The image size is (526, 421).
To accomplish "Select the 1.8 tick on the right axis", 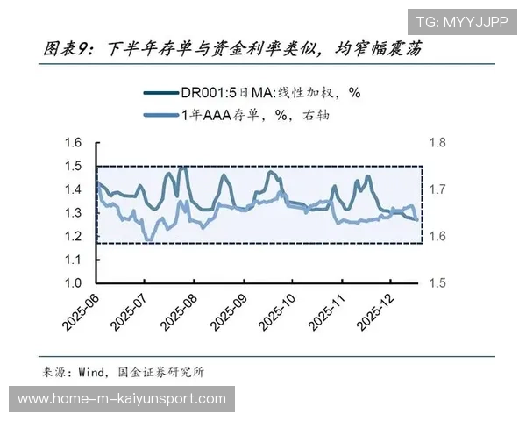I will (437, 143).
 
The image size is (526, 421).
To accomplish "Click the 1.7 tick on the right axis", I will (437, 189).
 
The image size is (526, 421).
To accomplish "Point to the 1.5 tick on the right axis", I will (437, 283).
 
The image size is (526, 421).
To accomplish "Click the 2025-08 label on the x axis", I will (181, 310).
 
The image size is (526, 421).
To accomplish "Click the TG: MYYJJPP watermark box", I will (460, 22).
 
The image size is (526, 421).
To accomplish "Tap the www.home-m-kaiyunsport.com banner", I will (122, 399).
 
